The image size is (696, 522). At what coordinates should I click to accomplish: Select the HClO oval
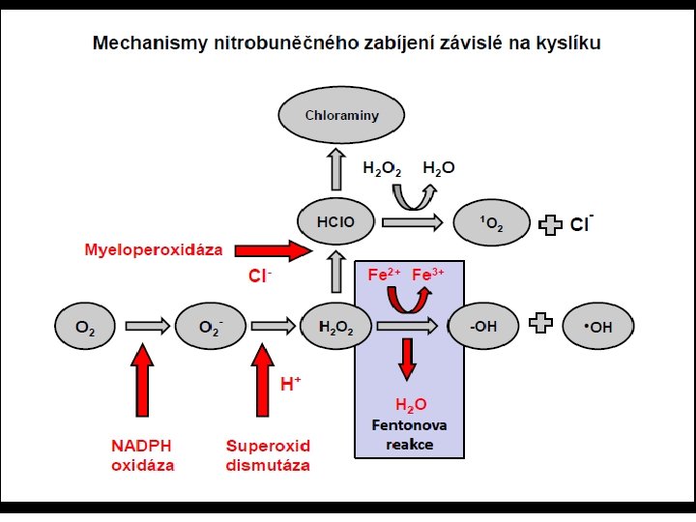pos(336,222)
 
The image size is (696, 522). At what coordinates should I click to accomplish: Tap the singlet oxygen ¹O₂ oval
pos(491,223)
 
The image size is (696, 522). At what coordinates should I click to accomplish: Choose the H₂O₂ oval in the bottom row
pos(336,327)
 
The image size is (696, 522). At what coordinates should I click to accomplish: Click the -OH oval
pos(483,327)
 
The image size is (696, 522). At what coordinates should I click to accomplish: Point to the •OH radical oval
pos(599,327)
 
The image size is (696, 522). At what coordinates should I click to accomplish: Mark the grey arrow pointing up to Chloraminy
pos(336,169)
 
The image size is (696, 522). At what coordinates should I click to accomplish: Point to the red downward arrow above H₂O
pos(407,359)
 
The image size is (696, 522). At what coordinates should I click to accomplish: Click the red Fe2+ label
pos(383,275)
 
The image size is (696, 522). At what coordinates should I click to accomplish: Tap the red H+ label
pos(291,384)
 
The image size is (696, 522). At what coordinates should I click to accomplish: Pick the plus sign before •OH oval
pos(542,326)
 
